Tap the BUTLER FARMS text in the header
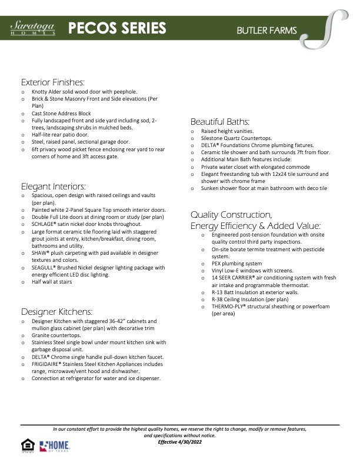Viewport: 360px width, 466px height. point(266,30)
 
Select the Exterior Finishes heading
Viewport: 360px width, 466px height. point(53,82)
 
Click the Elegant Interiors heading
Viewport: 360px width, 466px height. point(54,186)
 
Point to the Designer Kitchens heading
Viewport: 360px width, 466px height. point(56,311)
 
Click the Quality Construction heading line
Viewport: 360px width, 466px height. point(231,214)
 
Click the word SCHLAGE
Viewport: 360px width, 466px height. point(45,224)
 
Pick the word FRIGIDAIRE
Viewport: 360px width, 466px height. point(48,364)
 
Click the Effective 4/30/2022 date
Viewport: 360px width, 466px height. point(179,441)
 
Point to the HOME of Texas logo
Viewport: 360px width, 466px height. point(55,446)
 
